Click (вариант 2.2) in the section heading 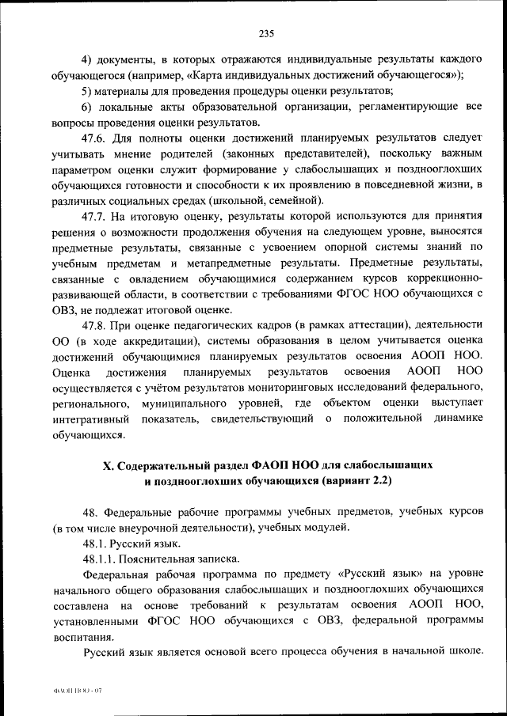point(357,481)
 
